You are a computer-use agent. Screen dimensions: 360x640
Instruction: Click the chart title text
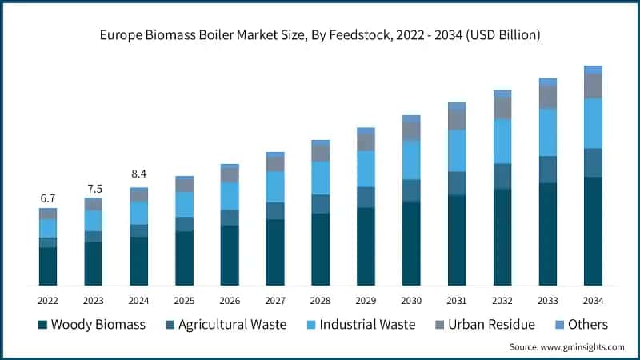(x=320, y=35)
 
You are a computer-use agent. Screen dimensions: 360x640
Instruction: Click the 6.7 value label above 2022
(x=48, y=198)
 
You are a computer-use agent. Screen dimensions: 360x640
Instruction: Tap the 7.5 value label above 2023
(x=94, y=189)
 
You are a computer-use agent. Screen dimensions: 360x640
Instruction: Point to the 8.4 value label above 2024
(x=139, y=174)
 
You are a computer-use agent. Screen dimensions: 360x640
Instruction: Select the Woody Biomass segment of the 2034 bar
(x=593, y=231)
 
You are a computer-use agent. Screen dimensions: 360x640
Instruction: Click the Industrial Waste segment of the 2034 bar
(x=593, y=123)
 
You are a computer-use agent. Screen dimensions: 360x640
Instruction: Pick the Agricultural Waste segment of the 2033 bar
(x=547, y=170)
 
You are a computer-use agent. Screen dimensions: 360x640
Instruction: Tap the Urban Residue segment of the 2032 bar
(x=502, y=108)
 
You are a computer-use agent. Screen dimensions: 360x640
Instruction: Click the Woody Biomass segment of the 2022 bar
(x=48, y=266)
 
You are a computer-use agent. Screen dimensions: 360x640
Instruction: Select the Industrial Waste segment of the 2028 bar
(x=320, y=178)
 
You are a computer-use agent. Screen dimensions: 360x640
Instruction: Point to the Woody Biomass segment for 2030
(x=411, y=243)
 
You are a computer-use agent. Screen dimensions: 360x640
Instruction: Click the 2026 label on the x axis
(x=230, y=301)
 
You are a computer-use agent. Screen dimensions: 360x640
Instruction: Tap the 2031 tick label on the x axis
(x=457, y=301)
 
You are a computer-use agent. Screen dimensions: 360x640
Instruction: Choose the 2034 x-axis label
(x=593, y=301)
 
